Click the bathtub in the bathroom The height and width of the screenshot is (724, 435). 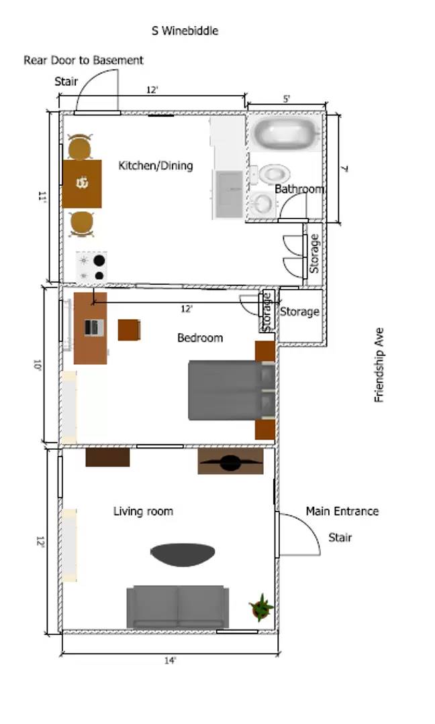[x=285, y=133]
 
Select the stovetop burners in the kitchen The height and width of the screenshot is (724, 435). [x=91, y=267]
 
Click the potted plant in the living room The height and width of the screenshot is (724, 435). [x=261, y=607]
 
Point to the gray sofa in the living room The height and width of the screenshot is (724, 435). [x=178, y=607]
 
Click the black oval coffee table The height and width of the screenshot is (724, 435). [x=183, y=554]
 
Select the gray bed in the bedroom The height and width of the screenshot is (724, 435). [x=228, y=390]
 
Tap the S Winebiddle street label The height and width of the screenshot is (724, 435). [x=185, y=31]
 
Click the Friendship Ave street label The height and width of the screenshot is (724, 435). [x=379, y=365]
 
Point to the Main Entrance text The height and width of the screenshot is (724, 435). [x=342, y=511]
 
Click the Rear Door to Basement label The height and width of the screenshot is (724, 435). [x=83, y=60]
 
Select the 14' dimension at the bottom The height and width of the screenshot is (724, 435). [x=171, y=661]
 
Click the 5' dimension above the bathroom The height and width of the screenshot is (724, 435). [x=287, y=99]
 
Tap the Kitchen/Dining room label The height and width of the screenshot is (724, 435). [x=156, y=166]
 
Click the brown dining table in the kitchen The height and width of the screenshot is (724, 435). [x=82, y=183]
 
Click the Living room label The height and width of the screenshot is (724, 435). [x=143, y=511]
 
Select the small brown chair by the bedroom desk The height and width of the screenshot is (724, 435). [x=129, y=330]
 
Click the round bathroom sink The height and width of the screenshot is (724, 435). [x=262, y=202]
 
